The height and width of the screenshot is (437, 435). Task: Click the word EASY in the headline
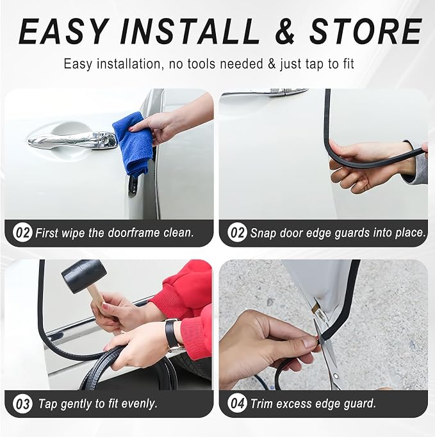tap(63, 31)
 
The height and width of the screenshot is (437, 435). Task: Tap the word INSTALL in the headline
tap(190, 31)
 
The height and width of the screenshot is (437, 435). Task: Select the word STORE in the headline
tap(366, 31)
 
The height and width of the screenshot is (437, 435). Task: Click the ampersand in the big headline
tap(284, 31)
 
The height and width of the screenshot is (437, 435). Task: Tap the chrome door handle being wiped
tap(73, 139)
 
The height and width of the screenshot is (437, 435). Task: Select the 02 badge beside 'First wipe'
tap(22, 232)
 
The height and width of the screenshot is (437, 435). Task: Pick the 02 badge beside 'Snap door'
tap(237, 232)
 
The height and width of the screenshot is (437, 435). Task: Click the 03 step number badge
tap(22, 403)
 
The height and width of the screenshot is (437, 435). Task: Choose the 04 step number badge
tap(237, 403)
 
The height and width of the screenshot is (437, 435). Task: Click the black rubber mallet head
tap(84, 276)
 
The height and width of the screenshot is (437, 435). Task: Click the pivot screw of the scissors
tap(336, 377)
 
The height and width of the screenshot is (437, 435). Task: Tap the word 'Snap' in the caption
tap(263, 233)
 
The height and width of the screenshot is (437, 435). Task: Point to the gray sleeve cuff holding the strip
tap(419, 165)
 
